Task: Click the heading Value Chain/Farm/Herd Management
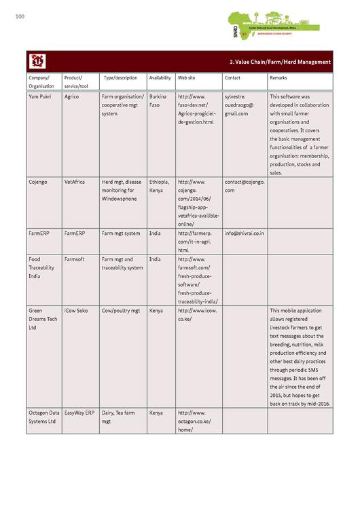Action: pos(280,62)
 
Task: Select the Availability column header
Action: pos(160,78)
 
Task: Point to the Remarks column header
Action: pos(278,78)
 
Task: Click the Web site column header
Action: pos(187,78)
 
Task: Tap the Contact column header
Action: pos(232,78)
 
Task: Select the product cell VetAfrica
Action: pos(75,182)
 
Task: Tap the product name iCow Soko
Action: pos(76,311)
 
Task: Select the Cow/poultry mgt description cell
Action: pos(121,311)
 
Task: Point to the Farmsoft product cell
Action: pos(75,259)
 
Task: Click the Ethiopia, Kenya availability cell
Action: pos(160,186)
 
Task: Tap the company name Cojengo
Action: pos(38,182)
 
